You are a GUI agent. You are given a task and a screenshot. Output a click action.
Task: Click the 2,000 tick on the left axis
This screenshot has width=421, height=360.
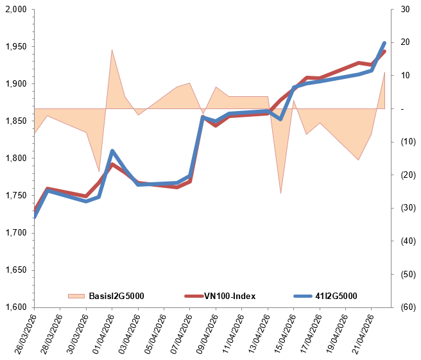[14, 10]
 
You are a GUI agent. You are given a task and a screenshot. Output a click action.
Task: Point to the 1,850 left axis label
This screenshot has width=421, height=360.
[14, 121]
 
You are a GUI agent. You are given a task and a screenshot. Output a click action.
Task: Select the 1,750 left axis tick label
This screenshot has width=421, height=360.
[14, 196]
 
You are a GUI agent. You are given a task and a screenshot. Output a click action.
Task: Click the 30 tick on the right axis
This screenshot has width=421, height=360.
[404, 10]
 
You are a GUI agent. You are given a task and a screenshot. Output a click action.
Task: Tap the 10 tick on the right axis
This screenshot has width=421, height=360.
[404, 76]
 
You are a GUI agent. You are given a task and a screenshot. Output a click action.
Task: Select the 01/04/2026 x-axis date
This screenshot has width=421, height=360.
[101, 334]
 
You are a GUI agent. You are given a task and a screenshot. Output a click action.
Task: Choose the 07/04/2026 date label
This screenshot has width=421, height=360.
[178, 334]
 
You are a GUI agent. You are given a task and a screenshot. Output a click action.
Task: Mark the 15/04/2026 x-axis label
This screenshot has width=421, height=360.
[282, 334]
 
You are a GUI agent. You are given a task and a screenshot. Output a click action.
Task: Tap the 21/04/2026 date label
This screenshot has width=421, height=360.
[361, 334]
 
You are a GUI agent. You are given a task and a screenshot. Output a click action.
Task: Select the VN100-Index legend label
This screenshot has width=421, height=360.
[230, 296]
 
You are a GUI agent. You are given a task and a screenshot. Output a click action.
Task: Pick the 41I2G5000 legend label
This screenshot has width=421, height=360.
[336, 296]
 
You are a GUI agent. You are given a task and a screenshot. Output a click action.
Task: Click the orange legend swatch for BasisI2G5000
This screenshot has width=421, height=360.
[76, 296]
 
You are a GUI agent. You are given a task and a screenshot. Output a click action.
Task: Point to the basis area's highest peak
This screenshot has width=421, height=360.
[112, 49]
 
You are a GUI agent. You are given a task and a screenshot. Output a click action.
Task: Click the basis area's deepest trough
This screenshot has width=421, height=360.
[280, 193]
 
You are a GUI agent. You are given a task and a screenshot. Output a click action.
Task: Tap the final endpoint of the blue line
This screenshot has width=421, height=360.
[384, 43]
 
